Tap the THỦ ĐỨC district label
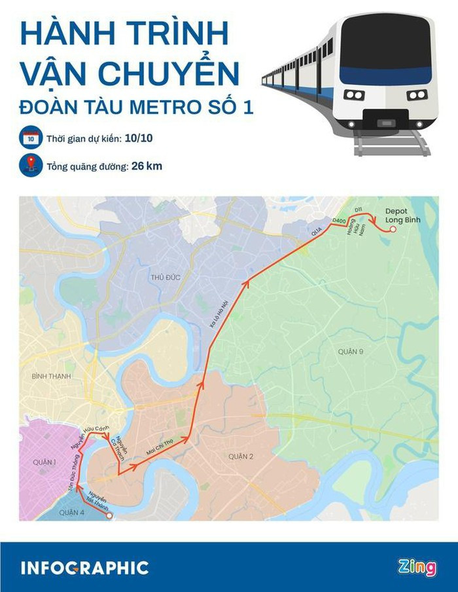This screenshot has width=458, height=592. (165, 278)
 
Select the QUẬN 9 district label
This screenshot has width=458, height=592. (350, 352)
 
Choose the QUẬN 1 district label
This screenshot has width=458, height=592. (43, 462)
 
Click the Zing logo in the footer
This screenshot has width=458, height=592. (416, 568)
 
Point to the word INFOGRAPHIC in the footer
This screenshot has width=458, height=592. (84, 568)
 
